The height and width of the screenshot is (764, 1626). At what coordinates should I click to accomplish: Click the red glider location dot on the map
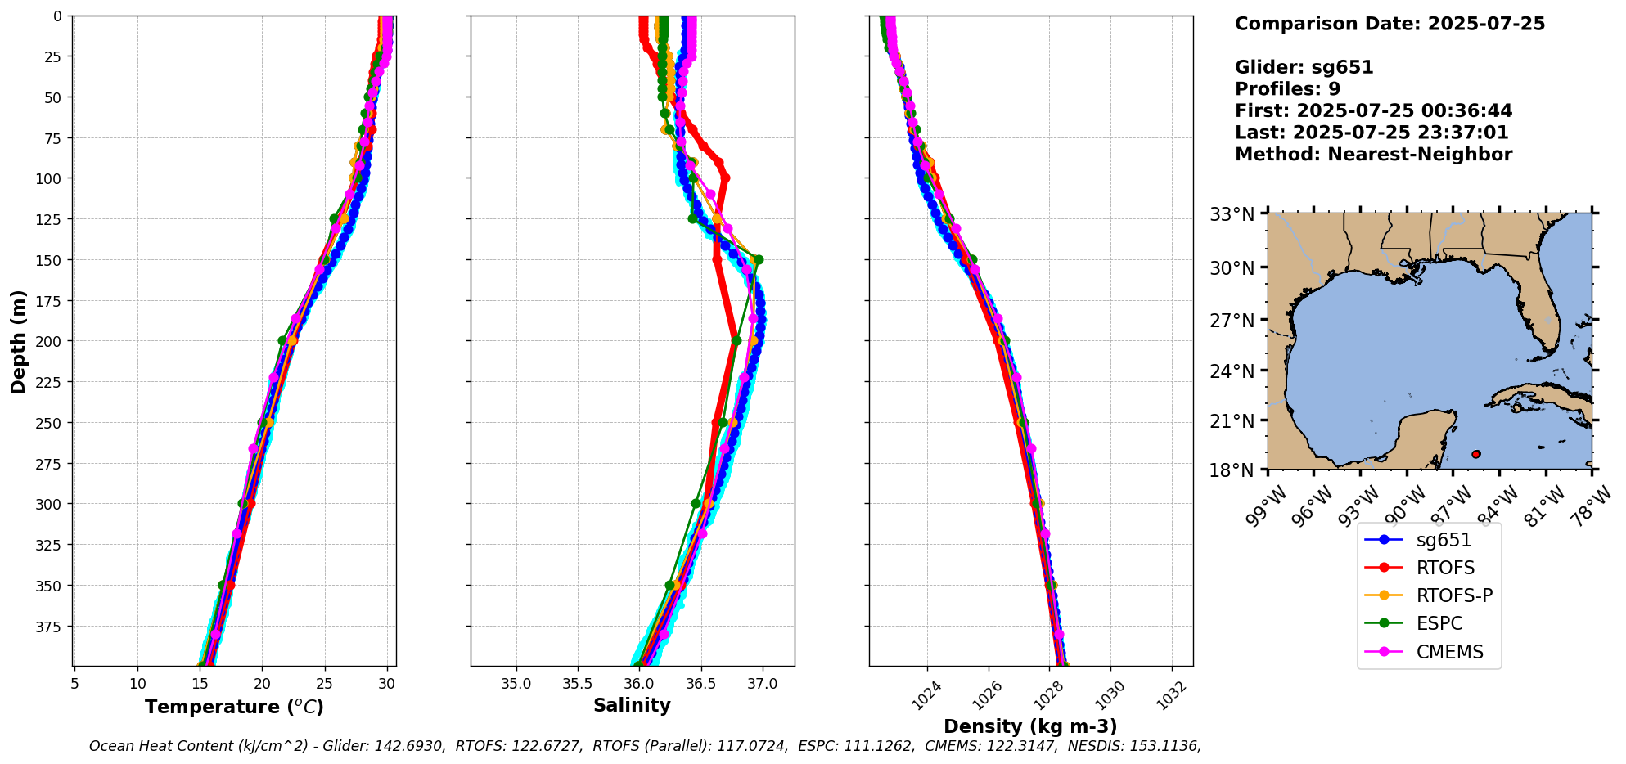click(1475, 454)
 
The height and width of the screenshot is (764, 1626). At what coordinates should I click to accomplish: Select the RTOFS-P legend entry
click(1454, 595)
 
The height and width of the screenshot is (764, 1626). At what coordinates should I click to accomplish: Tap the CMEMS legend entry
click(1449, 652)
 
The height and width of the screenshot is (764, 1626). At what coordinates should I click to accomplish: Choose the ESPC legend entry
click(1439, 623)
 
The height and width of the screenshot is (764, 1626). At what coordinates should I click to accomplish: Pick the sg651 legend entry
click(1444, 540)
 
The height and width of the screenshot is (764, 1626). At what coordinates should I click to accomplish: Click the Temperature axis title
click(234, 707)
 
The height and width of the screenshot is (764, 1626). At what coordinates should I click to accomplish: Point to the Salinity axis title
click(632, 705)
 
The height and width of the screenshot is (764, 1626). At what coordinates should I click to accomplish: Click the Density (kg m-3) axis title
click(1030, 726)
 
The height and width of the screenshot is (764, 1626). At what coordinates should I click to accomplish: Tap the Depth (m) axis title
click(18, 341)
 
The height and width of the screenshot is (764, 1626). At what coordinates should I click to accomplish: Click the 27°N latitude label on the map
click(1232, 320)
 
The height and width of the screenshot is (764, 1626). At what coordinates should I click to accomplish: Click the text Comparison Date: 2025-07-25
click(1390, 24)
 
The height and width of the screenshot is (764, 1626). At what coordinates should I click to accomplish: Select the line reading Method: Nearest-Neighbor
click(1373, 155)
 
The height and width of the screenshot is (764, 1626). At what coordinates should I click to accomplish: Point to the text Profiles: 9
click(1287, 89)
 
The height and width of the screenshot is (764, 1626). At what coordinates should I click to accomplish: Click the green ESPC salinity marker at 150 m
click(759, 260)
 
